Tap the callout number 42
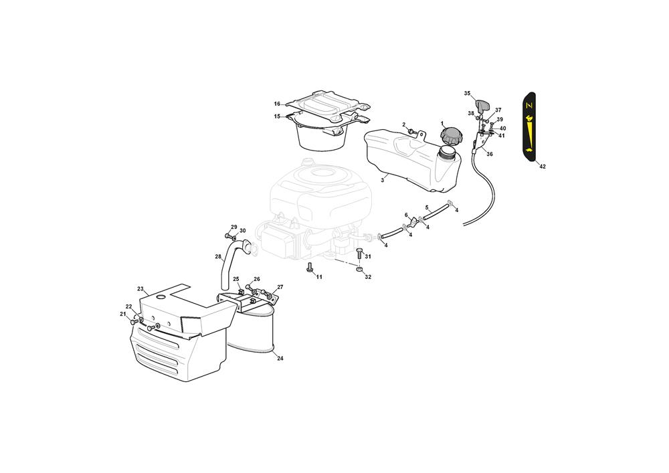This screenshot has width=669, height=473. tap(543, 167)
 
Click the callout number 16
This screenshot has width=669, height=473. tap(278, 104)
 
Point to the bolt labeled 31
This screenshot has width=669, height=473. tap(359, 253)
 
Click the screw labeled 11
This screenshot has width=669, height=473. tap(310, 268)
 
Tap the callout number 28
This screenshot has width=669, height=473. tap(218, 257)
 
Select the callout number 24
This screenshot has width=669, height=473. tap(280, 359)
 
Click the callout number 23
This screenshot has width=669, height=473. tap(140, 289)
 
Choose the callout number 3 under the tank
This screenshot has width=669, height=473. tap(382, 181)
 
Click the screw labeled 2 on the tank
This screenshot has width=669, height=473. tap(412, 132)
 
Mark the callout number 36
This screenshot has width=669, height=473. tap(490, 155)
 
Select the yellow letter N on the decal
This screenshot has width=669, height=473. tap(529, 105)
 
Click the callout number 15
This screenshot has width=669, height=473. tap(278, 116)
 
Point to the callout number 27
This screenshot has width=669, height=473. tap(280, 287)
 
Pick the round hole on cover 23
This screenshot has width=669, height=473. tap(161, 297)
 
